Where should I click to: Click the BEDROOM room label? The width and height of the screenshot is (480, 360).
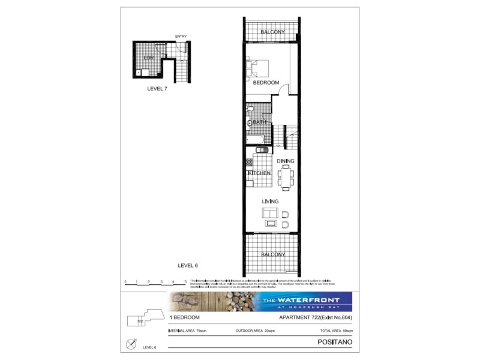click(266, 83)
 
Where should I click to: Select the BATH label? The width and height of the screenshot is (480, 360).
click(259, 122)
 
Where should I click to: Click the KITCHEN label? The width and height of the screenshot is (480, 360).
click(259, 173)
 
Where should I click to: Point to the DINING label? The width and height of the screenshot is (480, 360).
click(285, 161)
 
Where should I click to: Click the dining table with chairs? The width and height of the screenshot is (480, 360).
click(285, 176)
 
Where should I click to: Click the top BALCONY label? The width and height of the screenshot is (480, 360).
click(272, 32)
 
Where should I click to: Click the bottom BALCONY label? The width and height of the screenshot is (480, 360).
click(272, 254)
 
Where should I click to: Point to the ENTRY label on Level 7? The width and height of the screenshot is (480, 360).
click(181, 37)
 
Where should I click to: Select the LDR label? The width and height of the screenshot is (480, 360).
click(148, 58)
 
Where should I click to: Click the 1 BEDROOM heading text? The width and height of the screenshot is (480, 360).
click(185, 317)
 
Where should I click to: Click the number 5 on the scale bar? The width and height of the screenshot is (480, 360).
click(185, 281)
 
